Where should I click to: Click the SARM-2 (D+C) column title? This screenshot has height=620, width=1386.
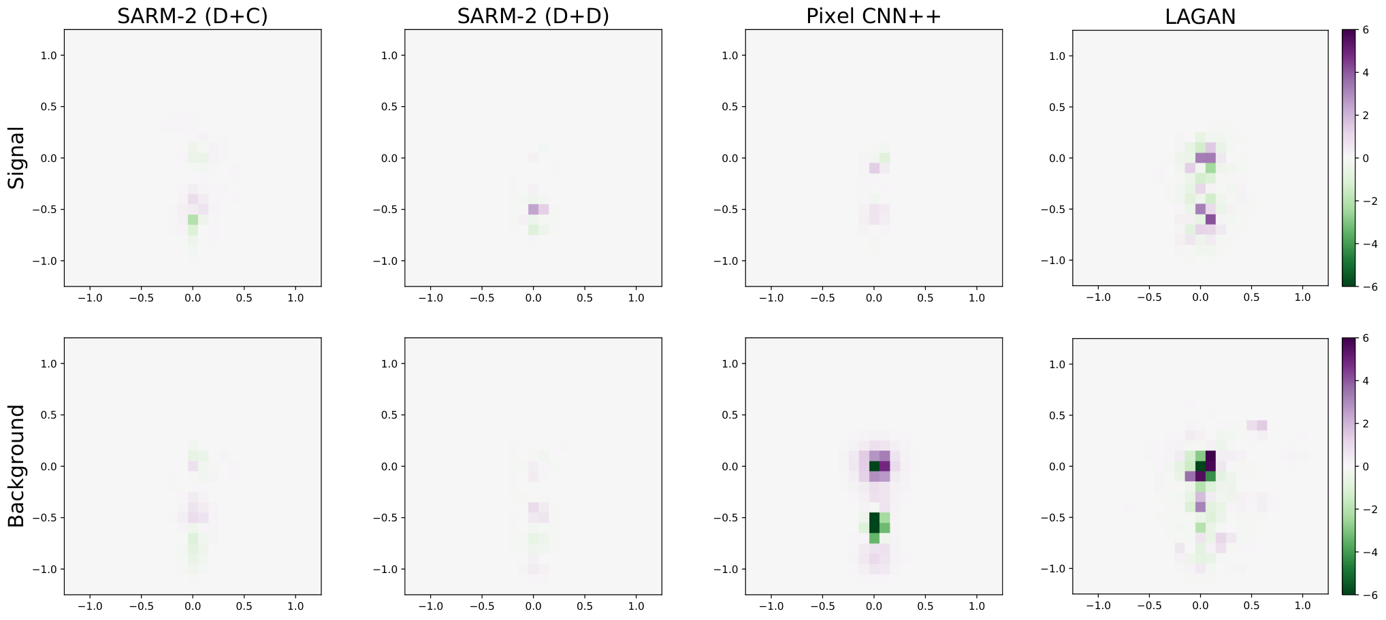(x=193, y=16)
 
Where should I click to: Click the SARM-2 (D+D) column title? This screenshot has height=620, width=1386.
(x=533, y=16)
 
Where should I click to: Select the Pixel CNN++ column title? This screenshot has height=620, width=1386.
(x=873, y=16)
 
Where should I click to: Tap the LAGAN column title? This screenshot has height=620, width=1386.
(x=1200, y=16)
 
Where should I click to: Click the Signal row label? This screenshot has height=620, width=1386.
(x=16, y=158)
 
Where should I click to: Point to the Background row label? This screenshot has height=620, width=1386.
(x=16, y=466)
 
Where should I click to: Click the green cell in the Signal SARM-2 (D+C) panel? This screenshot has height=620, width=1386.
(x=193, y=220)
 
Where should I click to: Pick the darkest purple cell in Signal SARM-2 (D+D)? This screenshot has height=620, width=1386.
(x=533, y=209)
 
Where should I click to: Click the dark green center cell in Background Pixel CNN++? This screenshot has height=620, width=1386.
(x=874, y=466)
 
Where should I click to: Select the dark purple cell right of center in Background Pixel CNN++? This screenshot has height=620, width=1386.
(x=884, y=466)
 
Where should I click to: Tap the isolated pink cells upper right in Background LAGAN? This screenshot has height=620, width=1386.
(x=1257, y=425)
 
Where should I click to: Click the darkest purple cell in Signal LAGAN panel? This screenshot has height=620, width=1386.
(x=1210, y=219)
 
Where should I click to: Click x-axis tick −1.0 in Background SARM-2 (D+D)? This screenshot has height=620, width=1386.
(x=430, y=606)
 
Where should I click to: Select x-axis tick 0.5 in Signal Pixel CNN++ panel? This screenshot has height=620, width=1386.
(x=925, y=297)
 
